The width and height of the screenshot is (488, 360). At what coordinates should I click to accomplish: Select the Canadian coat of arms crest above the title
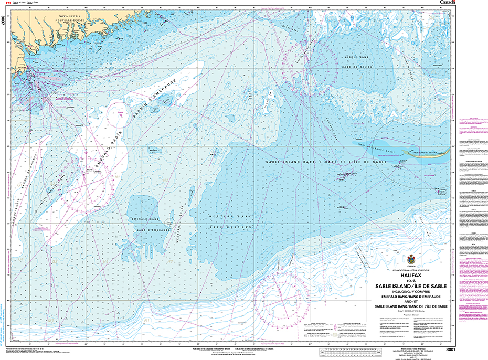tap(410, 260)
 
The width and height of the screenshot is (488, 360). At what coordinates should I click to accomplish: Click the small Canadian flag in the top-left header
tap(7, 3)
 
